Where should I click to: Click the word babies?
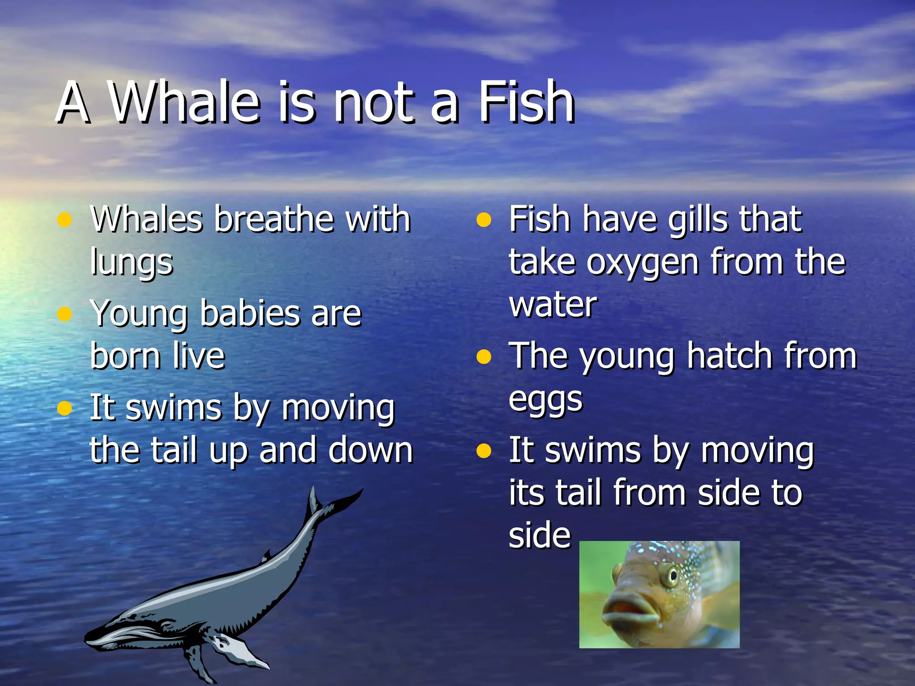(x=250, y=313)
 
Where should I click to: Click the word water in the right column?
(x=553, y=305)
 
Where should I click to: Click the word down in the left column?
(x=370, y=450)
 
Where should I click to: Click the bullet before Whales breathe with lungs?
(x=65, y=220)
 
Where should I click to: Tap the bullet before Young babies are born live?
(x=65, y=314)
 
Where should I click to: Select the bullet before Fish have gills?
(x=483, y=220)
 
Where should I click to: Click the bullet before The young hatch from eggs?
(x=483, y=357)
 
